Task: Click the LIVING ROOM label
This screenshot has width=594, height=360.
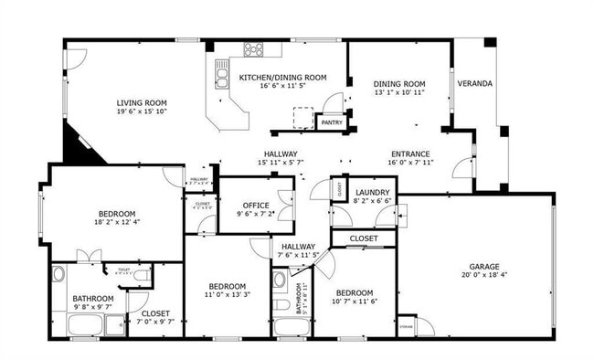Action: point(141,102)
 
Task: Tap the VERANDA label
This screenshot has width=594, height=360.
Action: point(475,83)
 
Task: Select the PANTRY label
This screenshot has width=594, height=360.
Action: point(331,121)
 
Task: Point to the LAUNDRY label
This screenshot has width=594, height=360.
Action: point(373,192)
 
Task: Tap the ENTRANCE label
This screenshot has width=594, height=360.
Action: point(410,154)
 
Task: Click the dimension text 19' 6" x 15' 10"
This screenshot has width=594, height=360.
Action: point(141,112)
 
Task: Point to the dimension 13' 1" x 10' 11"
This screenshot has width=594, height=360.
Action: point(399,92)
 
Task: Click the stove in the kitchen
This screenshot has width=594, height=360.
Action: point(253,49)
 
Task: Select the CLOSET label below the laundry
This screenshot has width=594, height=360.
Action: point(363,238)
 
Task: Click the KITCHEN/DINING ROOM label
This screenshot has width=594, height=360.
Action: point(282,78)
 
